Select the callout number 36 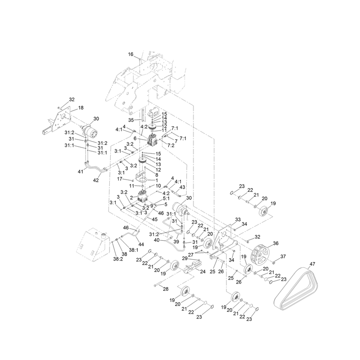point(275,243)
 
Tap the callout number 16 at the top point(130,54)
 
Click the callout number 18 point(81,108)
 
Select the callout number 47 point(312,264)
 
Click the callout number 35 point(131,120)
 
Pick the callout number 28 point(166,289)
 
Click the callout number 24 point(203,272)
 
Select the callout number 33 point(238,220)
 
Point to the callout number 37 point(283,256)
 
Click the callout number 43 point(182,187)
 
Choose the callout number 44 point(141,244)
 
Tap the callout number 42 point(96,180)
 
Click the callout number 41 point(81,171)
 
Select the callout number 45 point(155,219)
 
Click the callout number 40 point(157,240)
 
